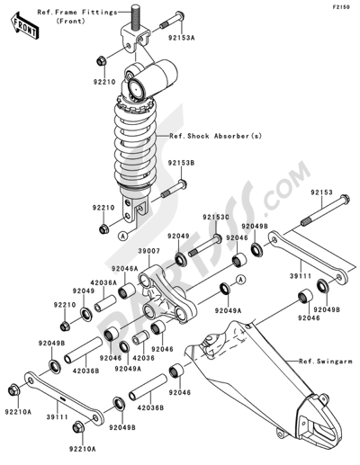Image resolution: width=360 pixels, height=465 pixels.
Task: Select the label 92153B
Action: click(x=180, y=164)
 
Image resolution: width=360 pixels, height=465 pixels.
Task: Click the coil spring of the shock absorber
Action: click(x=141, y=135)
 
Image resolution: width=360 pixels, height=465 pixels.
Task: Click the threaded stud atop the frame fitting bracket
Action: click(x=138, y=42)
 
